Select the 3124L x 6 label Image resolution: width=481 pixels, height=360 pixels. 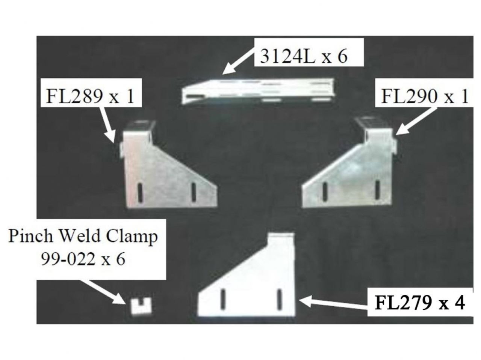[304, 57]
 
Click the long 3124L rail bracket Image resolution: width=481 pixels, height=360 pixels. [258, 91]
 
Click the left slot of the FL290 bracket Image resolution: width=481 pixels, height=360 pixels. [323, 191]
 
